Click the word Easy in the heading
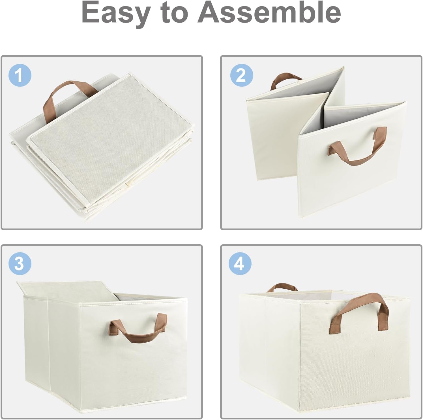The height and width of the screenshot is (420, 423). [116, 12]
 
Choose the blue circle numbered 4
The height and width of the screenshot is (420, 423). [240, 264]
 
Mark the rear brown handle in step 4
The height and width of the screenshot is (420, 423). [282, 288]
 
